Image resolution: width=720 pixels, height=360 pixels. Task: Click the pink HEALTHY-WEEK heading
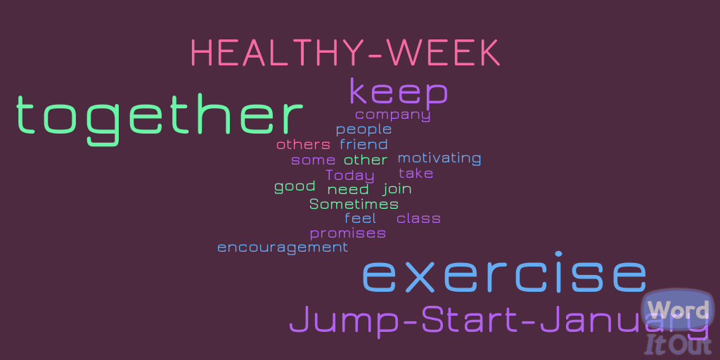click(345, 53)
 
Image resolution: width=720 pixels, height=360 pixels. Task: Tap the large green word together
click(160, 117)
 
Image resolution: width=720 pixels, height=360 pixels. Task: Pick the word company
click(392, 115)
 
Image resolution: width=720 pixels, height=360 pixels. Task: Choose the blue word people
click(364, 130)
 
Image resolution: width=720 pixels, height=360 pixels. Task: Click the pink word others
click(303, 145)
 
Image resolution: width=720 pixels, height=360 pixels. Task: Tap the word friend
click(364, 145)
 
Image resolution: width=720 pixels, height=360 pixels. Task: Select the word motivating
click(439, 158)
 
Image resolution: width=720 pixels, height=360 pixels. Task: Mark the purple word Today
click(350, 176)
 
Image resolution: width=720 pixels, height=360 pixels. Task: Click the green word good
click(295, 186)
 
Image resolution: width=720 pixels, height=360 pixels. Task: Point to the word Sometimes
click(354, 204)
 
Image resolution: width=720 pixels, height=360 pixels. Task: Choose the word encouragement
click(283, 248)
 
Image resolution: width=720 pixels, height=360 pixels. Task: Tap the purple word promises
click(347, 233)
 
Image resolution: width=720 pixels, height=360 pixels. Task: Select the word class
click(418, 219)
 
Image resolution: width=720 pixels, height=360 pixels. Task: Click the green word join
click(397, 189)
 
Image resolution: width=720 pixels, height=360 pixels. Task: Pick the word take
click(416, 174)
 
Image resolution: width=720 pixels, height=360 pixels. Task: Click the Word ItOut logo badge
click(679, 323)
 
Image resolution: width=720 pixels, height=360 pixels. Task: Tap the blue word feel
click(361, 219)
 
